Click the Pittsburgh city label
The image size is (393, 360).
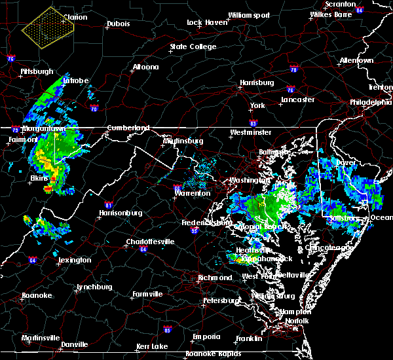point(37,70)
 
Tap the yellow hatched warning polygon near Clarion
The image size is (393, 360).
point(47,29)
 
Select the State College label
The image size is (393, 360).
point(193,47)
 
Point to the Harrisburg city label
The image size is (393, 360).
point(256,83)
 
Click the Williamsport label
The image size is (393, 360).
point(249,15)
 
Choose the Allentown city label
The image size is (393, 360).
point(356,61)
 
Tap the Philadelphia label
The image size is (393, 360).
point(370,102)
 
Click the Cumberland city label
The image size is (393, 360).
point(128,128)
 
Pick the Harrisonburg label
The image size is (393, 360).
point(121,213)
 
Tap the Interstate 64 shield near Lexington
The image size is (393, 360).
point(32,260)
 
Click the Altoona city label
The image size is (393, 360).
point(145,67)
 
